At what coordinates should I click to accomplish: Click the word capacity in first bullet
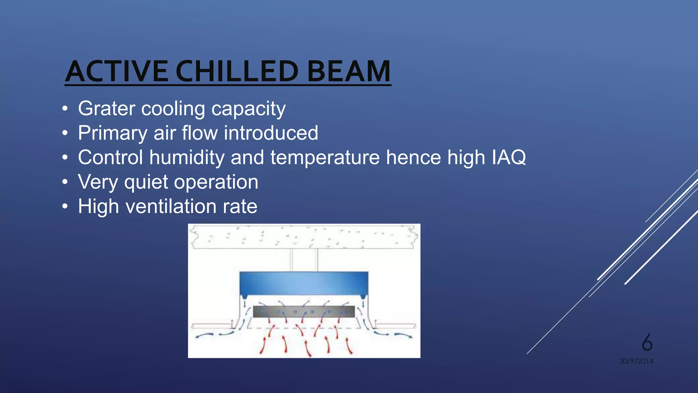tap(248, 109)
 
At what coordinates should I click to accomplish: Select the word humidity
tap(187, 158)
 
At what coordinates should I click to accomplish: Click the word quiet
tap(146, 182)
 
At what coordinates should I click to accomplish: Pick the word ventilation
tap(171, 206)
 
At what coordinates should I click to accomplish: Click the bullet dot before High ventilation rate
tap(65, 206)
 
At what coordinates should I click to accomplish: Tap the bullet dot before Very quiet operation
tap(65, 182)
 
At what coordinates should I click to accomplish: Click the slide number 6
tap(647, 342)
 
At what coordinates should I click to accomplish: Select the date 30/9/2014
tap(636, 361)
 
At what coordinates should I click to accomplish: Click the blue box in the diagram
tap(304, 283)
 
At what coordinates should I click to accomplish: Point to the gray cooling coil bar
tap(304, 311)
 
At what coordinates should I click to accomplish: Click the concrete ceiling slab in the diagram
tap(304, 236)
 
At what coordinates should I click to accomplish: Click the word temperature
tap(325, 158)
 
